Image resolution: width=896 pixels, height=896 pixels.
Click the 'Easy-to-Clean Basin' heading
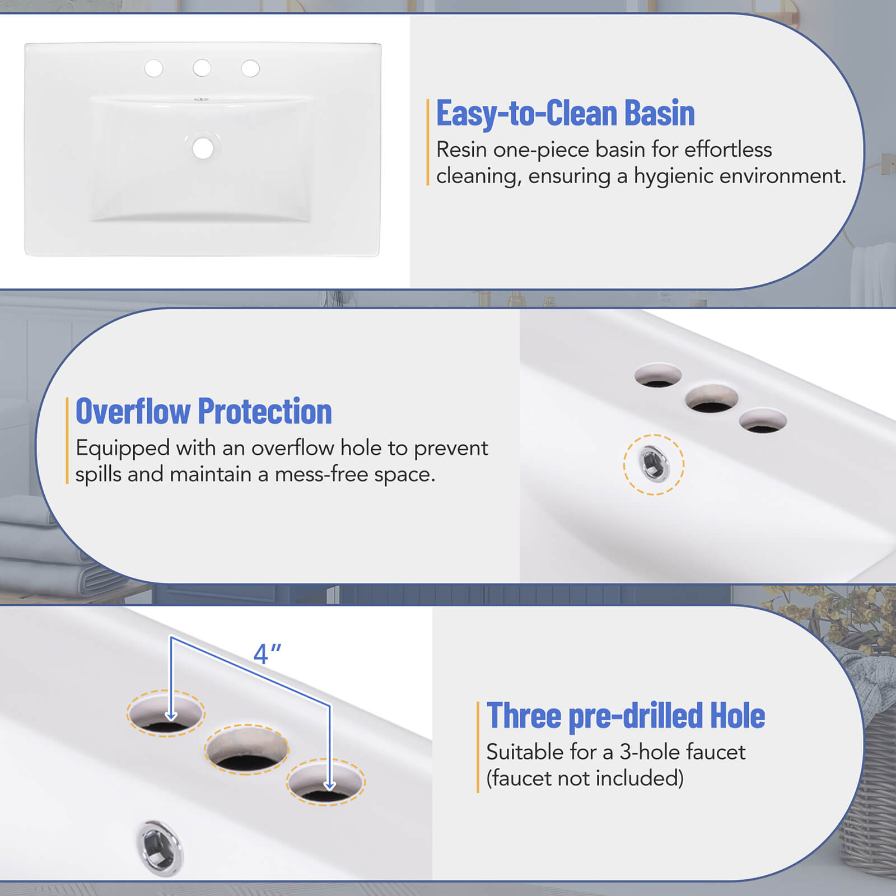[x=565, y=114]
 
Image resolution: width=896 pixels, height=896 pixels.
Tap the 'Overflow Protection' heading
[x=204, y=412]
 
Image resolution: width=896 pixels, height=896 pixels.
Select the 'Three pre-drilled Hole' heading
[x=626, y=716]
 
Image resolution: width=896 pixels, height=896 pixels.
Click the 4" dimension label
[x=267, y=654]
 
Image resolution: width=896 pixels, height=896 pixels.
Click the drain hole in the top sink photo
[x=203, y=148]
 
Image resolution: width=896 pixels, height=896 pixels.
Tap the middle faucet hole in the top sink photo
[x=202, y=68]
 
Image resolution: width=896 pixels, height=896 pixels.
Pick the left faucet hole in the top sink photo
[x=153, y=68]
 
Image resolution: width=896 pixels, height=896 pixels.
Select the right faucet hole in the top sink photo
[x=250, y=68]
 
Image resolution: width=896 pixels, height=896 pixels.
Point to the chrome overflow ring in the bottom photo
[x=160, y=847]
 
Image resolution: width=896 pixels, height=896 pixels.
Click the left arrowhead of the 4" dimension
[x=171, y=716]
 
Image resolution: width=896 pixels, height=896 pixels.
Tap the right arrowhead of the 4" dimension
[x=330, y=785]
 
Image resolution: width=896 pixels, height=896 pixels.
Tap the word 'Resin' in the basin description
[x=457, y=150]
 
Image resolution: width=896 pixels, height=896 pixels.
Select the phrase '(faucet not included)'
[x=585, y=778]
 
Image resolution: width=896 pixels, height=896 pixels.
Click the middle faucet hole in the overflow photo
[x=711, y=399]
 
